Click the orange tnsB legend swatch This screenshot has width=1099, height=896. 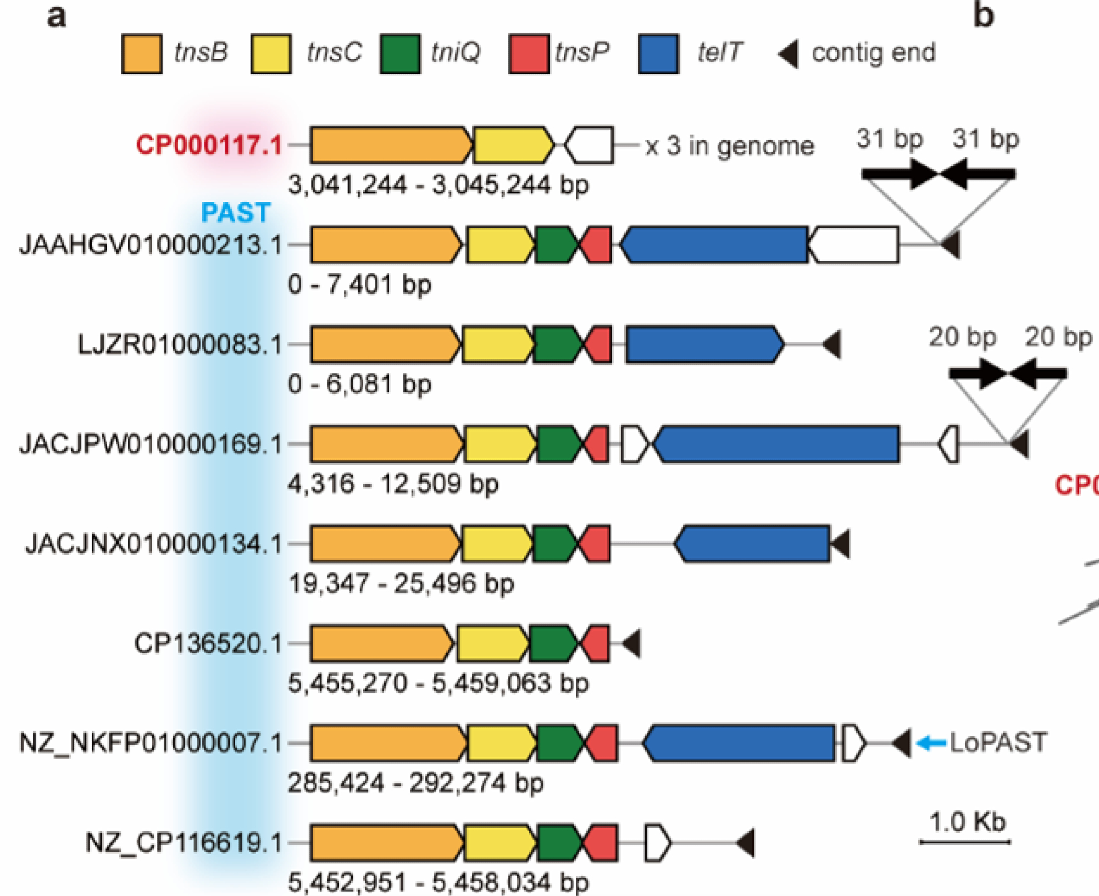point(141,54)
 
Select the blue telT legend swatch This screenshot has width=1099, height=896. point(658,54)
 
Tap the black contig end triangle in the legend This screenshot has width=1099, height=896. point(789,54)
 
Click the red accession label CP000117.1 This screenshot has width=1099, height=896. point(209,145)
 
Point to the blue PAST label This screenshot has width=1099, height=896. point(236,213)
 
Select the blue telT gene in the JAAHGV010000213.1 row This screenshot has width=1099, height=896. point(714,244)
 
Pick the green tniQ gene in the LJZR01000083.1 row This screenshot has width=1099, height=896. point(557,344)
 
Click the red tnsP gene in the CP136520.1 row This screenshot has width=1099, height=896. point(597,643)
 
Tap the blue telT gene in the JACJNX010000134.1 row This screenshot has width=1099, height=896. point(752,544)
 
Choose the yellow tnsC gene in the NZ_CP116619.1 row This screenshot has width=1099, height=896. point(499,842)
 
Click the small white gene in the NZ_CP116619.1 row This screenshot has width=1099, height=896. point(657,842)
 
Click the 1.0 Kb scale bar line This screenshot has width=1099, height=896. point(965,842)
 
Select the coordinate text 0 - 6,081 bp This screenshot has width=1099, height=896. point(360,384)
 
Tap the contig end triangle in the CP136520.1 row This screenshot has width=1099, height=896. point(632,643)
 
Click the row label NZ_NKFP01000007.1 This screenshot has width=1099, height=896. point(151,743)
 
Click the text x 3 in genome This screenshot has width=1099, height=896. point(730,146)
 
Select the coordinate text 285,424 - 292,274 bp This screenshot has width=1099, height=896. point(415,783)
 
